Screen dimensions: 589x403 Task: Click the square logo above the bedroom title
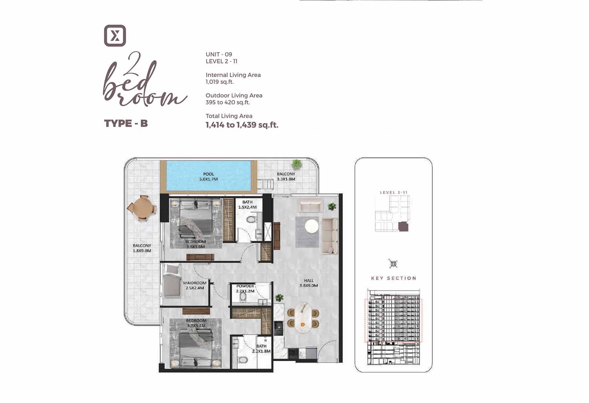click(115, 35)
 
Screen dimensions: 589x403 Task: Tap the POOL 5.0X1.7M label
click(209, 176)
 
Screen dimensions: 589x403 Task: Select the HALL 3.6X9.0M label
click(309, 283)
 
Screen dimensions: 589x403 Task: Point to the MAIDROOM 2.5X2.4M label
click(195, 286)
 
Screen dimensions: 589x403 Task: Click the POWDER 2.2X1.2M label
click(245, 289)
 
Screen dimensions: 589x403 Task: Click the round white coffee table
click(312, 226)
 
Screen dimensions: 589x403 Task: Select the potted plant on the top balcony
click(296, 164)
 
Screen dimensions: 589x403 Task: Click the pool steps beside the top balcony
click(265, 183)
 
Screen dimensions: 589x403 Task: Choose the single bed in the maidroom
click(172, 281)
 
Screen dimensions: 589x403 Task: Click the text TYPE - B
click(126, 123)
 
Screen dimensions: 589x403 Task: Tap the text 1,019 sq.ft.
click(220, 82)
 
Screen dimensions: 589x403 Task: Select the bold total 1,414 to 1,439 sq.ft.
click(242, 125)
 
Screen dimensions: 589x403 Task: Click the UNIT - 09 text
click(219, 55)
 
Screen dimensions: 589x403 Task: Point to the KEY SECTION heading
click(393, 278)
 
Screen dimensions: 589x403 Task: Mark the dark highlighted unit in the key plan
click(403, 227)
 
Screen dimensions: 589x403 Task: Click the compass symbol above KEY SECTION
click(393, 264)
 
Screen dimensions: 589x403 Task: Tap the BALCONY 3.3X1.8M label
click(286, 176)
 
